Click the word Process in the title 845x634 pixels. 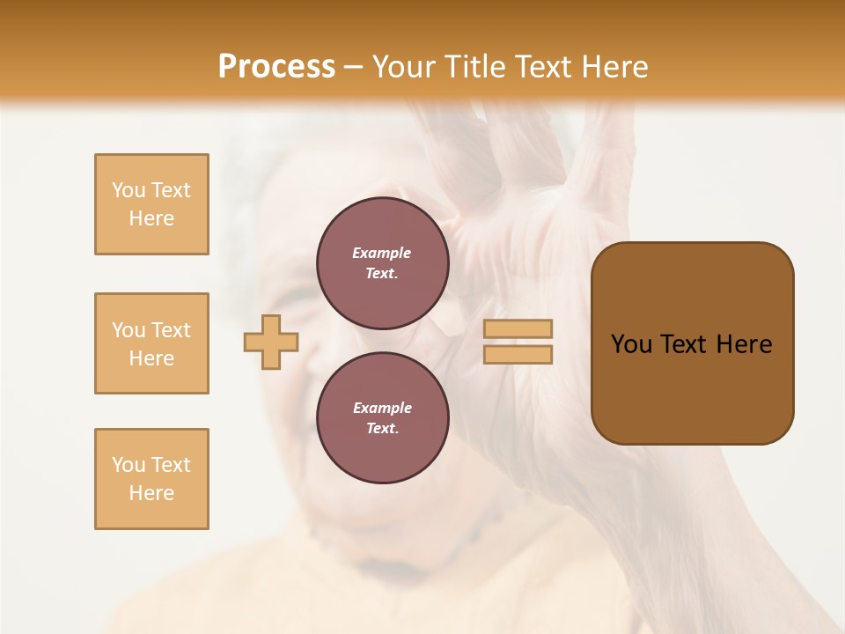coord(276,67)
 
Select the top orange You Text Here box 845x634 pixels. coord(151,204)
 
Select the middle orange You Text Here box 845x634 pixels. coord(151,343)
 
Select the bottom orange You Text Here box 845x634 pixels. coord(151,479)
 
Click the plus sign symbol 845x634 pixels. coord(271,342)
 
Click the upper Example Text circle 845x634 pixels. coord(382,262)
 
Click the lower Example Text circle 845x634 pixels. coord(382,417)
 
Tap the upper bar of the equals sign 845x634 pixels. coord(518,328)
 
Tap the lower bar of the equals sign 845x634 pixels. coord(518,354)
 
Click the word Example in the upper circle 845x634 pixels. coord(381,253)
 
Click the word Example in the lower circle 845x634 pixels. coord(382,408)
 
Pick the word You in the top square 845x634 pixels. coord(128,190)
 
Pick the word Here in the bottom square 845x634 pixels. coord(151,493)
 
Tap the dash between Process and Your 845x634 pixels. coord(354,67)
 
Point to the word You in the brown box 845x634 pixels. coord(631,344)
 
